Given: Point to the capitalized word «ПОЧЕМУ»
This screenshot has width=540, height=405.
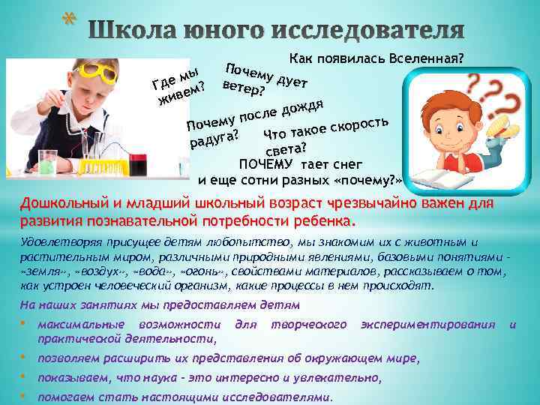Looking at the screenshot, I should pyautogui.click(x=265, y=164).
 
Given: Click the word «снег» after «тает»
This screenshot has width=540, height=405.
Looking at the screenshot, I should pyautogui.click(x=347, y=164).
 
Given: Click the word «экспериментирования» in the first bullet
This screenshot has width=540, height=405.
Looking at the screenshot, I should pyautogui.click(x=427, y=325).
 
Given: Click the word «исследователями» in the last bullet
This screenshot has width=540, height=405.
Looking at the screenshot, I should pyautogui.click(x=277, y=397).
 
